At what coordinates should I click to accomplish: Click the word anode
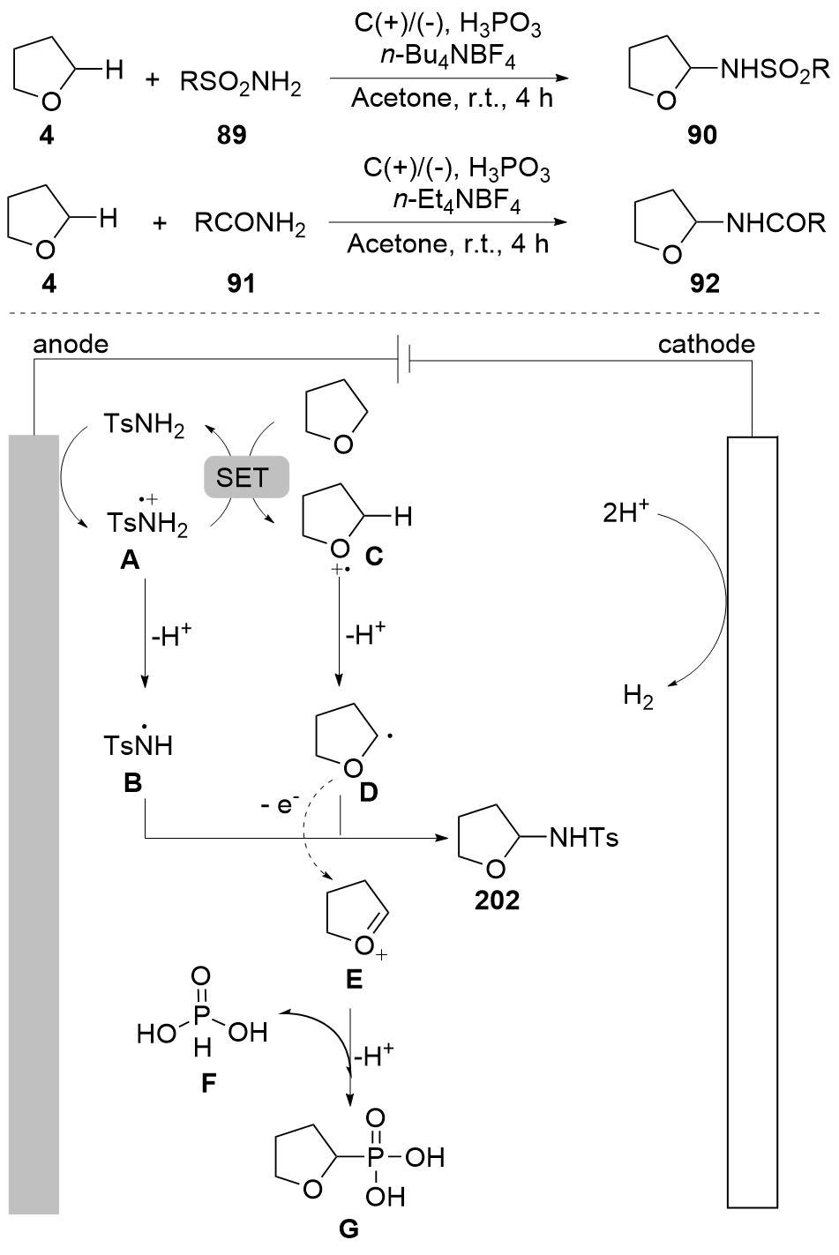click(71, 344)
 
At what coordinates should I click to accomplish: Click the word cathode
click(707, 344)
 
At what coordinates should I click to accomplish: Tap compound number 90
click(703, 135)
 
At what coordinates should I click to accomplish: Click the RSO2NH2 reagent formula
click(241, 85)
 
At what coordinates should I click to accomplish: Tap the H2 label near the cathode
click(638, 698)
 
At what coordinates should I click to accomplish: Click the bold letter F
click(208, 1081)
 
